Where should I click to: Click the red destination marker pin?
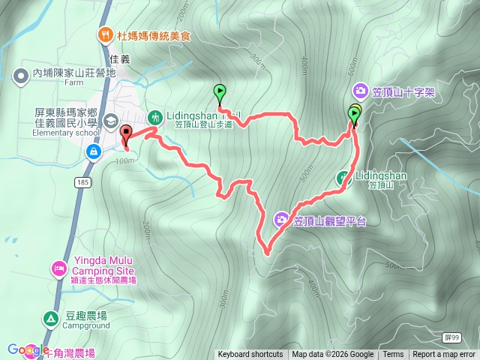(125, 134)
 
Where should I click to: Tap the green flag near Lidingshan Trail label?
(220, 92)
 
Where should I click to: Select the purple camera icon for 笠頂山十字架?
(361, 91)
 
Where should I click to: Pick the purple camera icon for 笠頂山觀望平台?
(282, 220)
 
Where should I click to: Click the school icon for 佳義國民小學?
(111, 120)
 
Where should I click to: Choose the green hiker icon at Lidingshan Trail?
(155, 116)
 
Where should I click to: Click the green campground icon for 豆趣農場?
(50, 319)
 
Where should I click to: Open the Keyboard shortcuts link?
(250, 355)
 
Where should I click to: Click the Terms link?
(393, 355)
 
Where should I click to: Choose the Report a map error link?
(444, 355)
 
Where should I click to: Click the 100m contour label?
(120, 160)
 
